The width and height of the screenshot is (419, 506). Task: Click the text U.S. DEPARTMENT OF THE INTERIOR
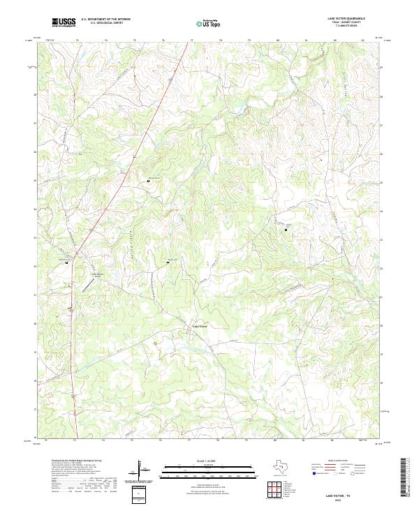coord(105,20)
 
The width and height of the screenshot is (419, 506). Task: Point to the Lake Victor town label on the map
coord(200,326)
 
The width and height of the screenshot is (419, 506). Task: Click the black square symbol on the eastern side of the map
coord(286,229)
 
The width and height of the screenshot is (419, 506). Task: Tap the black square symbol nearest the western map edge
coord(67,262)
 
